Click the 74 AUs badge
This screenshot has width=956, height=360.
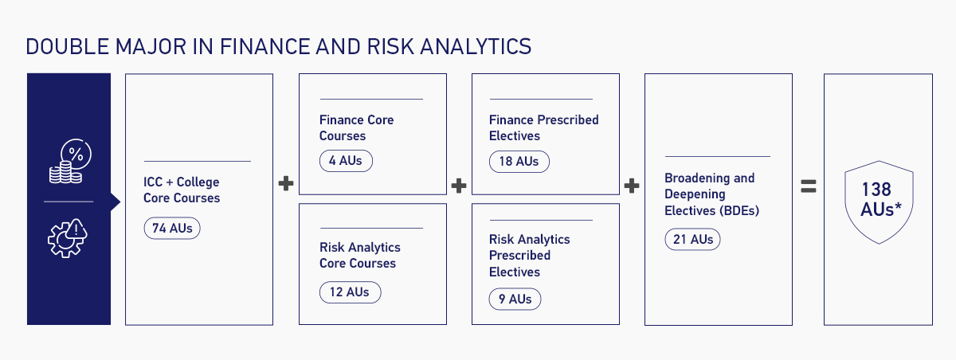coord(172,228)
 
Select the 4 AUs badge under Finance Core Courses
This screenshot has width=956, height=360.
coord(345,161)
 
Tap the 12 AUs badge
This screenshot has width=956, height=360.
coord(350,292)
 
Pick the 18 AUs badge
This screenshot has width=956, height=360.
coord(519,161)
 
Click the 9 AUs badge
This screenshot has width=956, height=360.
coord(515,299)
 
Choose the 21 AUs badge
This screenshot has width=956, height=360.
coord(692,239)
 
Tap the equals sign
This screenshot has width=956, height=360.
coord(808,186)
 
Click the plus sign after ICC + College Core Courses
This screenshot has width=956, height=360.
coord(286,184)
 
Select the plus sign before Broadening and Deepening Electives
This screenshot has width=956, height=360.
coord(632,186)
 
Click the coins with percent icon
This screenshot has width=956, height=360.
coord(69,162)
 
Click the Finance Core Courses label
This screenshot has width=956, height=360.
coord(356,127)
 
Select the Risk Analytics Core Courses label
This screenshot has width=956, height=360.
coord(359,255)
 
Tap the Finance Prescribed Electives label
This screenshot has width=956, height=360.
coord(543,127)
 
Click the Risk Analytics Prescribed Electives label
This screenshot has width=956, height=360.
coord(529,255)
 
